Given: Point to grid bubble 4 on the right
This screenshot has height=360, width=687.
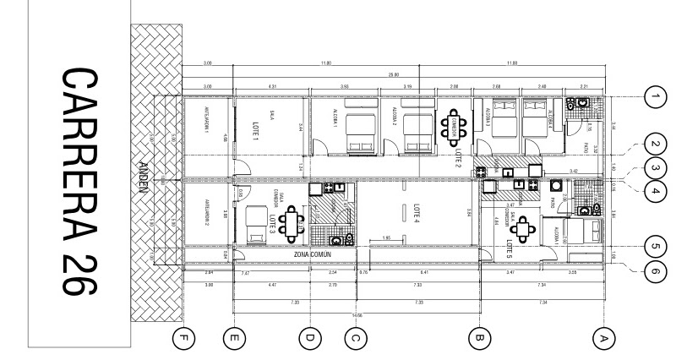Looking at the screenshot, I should pos(656,191).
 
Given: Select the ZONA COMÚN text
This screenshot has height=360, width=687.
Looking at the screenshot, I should pos(311,254).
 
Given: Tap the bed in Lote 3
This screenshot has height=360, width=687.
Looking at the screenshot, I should pos(256,226).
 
